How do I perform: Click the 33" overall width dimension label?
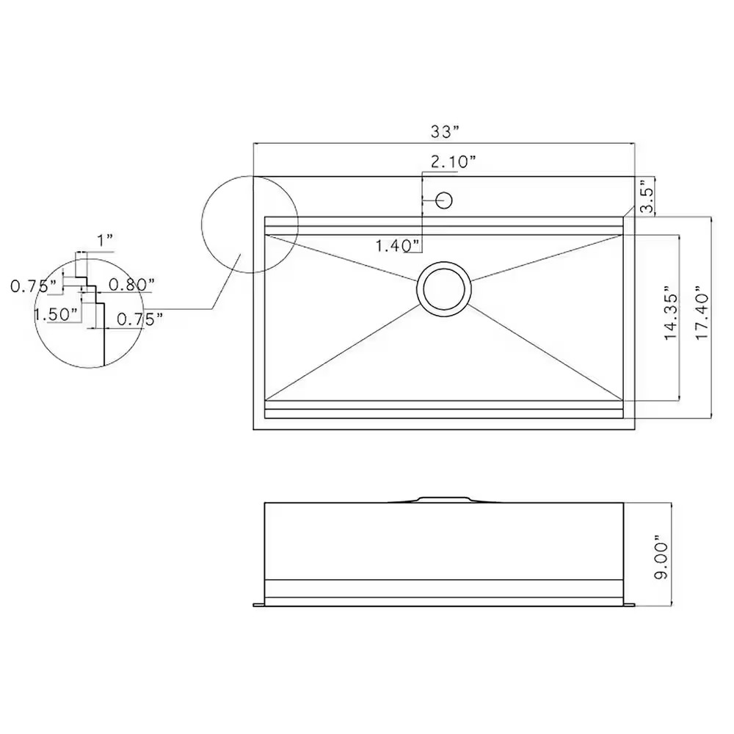click(x=444, y=132)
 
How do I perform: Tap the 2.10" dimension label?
click(x=453, y=162)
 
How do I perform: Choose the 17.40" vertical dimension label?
click(x=702, y=313)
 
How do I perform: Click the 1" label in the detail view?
click(x=105, y=241)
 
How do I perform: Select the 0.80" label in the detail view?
click(x=131, y=284)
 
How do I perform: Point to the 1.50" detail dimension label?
click(x=57, y=315)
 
